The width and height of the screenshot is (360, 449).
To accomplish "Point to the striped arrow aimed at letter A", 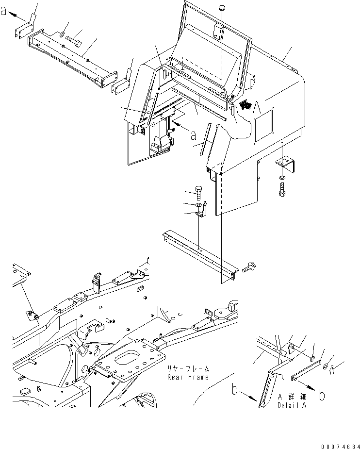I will pyautogui.click(x=245, y=104).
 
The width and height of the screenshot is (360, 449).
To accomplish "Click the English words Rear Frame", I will pyautogui.click(x=188, y=377).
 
